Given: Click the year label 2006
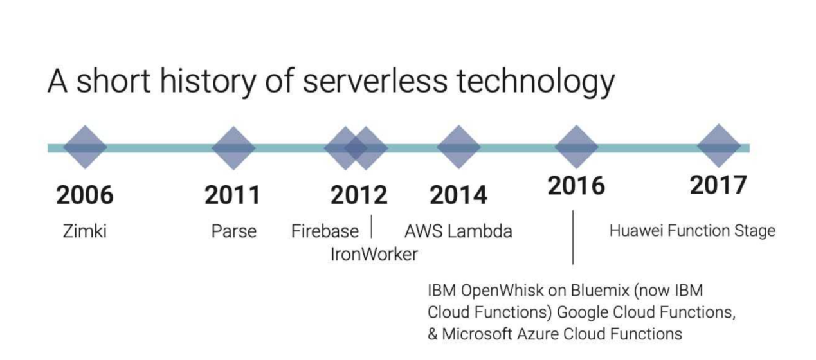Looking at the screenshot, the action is click(x=85, y=195).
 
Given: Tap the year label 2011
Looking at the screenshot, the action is click(x=232, y=195).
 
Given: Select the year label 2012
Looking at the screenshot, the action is click(x=359, y=195).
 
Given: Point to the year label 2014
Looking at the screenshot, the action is click(x=458, y=195).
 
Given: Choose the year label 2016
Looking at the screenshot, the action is click(x=576, y=186).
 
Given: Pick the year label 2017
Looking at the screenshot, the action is click(x=718, y=185).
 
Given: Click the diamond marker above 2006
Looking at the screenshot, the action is click(x=86, y=147).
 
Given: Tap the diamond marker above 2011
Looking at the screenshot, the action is click(x=233, y=148).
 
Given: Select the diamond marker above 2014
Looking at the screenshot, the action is click(x=458, y=147).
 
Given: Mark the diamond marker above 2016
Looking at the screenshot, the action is click(x=576, y=147).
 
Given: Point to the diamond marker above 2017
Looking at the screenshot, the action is click(x=719, y=146).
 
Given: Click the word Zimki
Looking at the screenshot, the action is click(x=84, y=231).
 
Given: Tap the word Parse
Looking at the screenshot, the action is click(x=234, y=231).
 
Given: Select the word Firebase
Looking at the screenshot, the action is click(x=325, y=231).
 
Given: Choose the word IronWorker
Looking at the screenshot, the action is click(x=374, y=254).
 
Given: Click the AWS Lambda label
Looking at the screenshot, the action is click(x=458, y=231).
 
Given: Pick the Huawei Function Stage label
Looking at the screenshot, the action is click(x=693, y=231).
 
